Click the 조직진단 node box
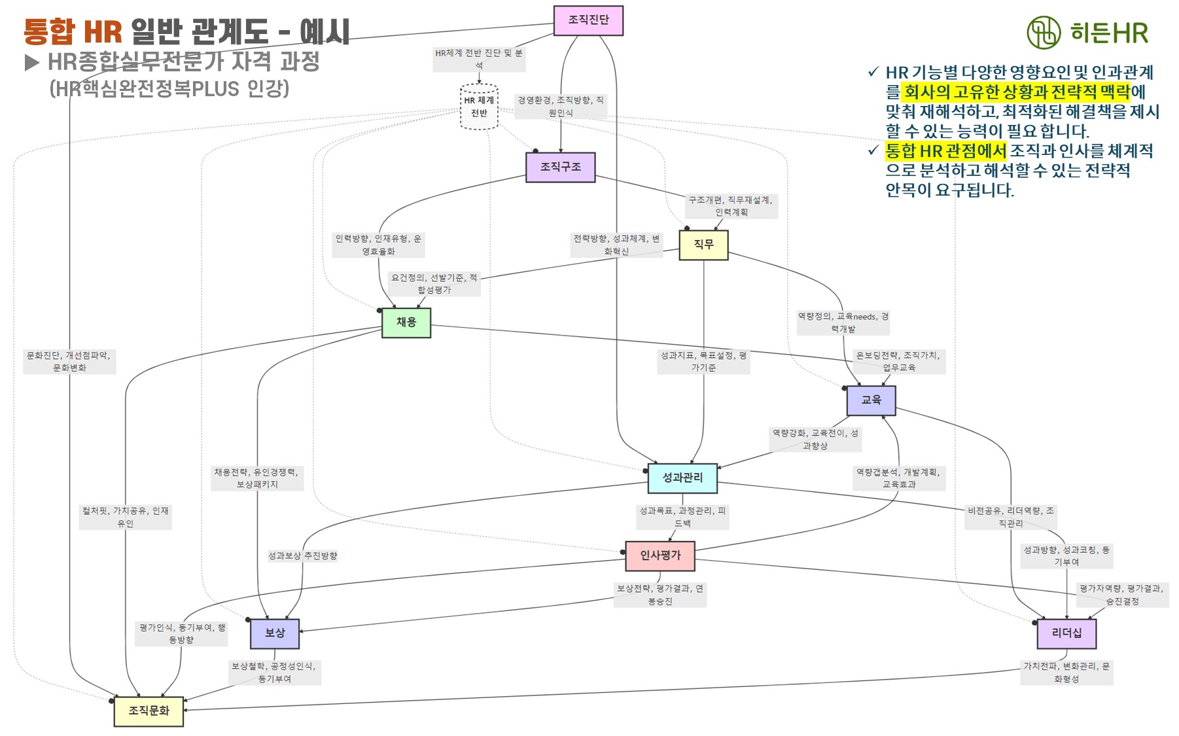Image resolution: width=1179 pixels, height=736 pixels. (588, 20)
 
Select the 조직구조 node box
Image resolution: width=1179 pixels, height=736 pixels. (561, 167)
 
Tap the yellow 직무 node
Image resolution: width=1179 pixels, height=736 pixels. (703, 245)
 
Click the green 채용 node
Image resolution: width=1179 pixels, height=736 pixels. (406, 322)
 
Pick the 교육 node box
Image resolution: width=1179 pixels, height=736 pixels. (871, 400)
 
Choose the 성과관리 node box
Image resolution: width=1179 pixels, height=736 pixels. (682, 478)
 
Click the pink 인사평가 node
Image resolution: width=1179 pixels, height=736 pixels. (660, 555)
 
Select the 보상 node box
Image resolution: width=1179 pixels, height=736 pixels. (275, 633)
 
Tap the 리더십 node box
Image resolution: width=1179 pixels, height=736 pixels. (1066, 633)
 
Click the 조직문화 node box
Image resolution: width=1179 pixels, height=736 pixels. (149, 710)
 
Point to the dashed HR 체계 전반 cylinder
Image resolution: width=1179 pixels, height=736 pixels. (479, 107)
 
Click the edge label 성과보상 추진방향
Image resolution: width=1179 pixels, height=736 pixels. (302, 556)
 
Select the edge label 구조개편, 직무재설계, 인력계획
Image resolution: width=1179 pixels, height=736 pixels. (731, 206)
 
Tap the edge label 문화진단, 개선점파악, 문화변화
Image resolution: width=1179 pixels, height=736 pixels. (69, 361)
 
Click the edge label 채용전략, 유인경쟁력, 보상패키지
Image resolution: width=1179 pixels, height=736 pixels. (256, 478)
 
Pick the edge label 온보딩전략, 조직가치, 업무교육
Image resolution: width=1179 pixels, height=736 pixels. (898, 361)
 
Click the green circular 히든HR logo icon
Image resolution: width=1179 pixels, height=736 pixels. (1043, 32)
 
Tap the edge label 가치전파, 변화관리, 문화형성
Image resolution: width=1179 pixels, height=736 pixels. (1066, 673)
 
